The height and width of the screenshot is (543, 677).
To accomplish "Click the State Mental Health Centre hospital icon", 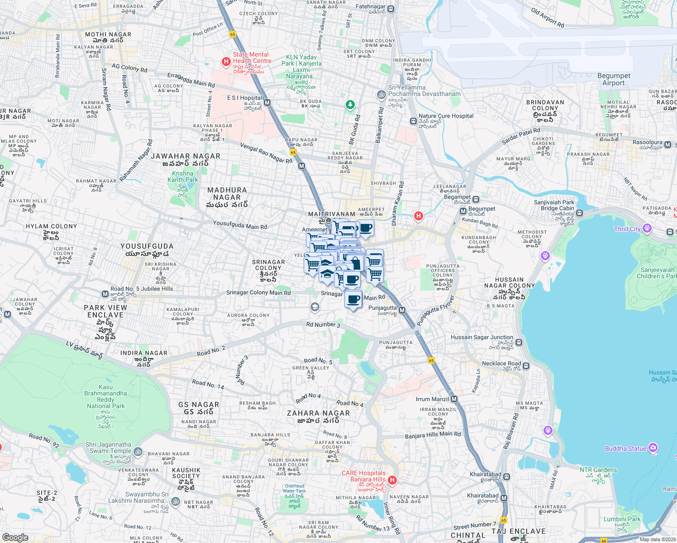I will (226, 62).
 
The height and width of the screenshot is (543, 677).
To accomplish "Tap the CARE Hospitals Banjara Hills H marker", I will (392, 480).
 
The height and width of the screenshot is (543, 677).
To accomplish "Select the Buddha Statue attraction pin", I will (653, 448).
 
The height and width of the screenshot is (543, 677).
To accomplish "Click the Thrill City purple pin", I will (647, 228).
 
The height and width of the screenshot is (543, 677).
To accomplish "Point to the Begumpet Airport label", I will (614, 80).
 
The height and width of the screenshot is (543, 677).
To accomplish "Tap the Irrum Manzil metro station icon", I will (454, 399).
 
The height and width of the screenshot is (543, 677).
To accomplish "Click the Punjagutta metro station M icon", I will (402, 310).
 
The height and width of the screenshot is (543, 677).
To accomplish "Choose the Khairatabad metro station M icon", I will (504, 498).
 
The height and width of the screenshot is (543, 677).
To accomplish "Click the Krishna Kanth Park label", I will (183, 176).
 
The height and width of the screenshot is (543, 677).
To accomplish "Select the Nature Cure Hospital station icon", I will (413, 121).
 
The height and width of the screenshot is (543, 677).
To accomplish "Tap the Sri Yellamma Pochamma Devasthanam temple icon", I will (381, 95).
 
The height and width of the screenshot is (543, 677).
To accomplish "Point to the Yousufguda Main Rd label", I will (240, 225).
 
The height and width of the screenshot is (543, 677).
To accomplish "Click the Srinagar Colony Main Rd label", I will (258, 293).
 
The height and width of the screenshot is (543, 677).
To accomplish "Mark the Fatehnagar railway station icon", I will (391, 9).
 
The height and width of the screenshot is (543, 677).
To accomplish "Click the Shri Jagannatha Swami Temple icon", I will (138, 452).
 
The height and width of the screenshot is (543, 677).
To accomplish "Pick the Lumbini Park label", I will (622, 519).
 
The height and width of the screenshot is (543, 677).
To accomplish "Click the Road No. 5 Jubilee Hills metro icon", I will (105, 294).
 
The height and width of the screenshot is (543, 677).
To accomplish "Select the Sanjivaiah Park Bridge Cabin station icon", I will (580, 213).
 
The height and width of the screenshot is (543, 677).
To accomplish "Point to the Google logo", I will (15, 537).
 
